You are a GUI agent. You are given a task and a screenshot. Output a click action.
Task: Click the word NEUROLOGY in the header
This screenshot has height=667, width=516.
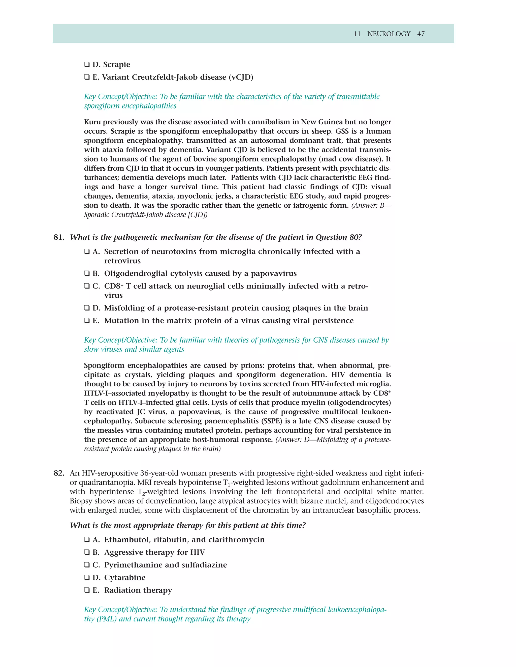389,34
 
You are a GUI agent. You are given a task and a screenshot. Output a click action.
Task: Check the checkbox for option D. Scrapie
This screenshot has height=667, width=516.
87,64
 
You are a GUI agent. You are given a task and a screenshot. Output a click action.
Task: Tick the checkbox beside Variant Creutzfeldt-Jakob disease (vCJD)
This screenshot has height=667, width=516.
87,77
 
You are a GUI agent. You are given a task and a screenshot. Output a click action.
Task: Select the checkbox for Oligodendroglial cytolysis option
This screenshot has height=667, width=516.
87,274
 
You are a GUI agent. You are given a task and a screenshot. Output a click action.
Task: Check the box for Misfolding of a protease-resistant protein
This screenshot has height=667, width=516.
87,308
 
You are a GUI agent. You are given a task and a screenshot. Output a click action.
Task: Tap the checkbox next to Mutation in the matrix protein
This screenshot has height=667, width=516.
87,321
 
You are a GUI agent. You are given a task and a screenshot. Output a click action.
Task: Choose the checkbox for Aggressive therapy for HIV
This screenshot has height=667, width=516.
87,552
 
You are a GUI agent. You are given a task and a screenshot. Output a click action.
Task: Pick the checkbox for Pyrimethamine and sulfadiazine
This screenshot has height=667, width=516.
87,565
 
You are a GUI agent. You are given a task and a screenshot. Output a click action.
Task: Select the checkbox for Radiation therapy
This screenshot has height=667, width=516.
87,590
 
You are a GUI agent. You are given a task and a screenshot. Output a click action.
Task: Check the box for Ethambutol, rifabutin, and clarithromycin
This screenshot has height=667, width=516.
87,540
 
